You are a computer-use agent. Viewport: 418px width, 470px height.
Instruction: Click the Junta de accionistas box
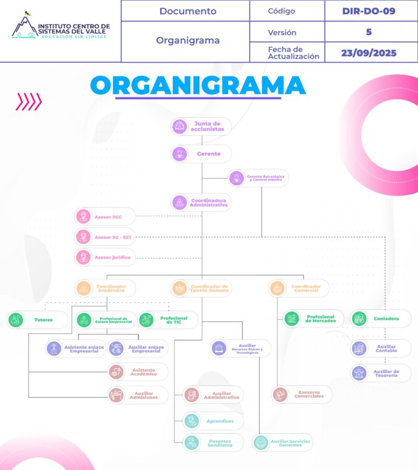click(x=201, y=127)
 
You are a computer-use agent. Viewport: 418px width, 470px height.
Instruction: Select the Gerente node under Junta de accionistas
click(x=201, y=154)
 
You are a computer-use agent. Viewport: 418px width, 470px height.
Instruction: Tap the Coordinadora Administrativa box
click(x=202, y=203)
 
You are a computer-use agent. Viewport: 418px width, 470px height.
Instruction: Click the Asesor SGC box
click(x=104, y=216)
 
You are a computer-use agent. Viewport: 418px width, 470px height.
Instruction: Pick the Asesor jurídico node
click(x=104, y=258)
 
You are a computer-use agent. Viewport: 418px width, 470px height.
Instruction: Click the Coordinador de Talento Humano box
click(x=201, y=288)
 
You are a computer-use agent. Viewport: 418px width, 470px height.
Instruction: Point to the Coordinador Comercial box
click(x=299, y=288)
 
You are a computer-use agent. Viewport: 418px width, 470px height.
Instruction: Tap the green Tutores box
click(x=37, y=320)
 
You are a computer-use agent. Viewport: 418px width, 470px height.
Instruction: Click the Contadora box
click(x=380, y=318)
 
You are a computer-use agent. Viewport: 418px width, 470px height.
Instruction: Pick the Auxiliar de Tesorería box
click(x=380, y=373)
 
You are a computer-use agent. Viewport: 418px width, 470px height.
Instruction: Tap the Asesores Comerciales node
click(x=302, y=394)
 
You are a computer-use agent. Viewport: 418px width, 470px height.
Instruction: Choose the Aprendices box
click(x=213, y=421)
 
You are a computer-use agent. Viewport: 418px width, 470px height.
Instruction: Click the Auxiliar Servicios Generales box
click(x=283, y=442)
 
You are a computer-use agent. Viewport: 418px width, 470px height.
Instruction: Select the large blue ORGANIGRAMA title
click(x=198, y=85)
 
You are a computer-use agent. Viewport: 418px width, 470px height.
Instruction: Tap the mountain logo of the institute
click(x=22, y=26)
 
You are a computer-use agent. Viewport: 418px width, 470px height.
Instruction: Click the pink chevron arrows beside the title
click(x=28, y=102)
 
